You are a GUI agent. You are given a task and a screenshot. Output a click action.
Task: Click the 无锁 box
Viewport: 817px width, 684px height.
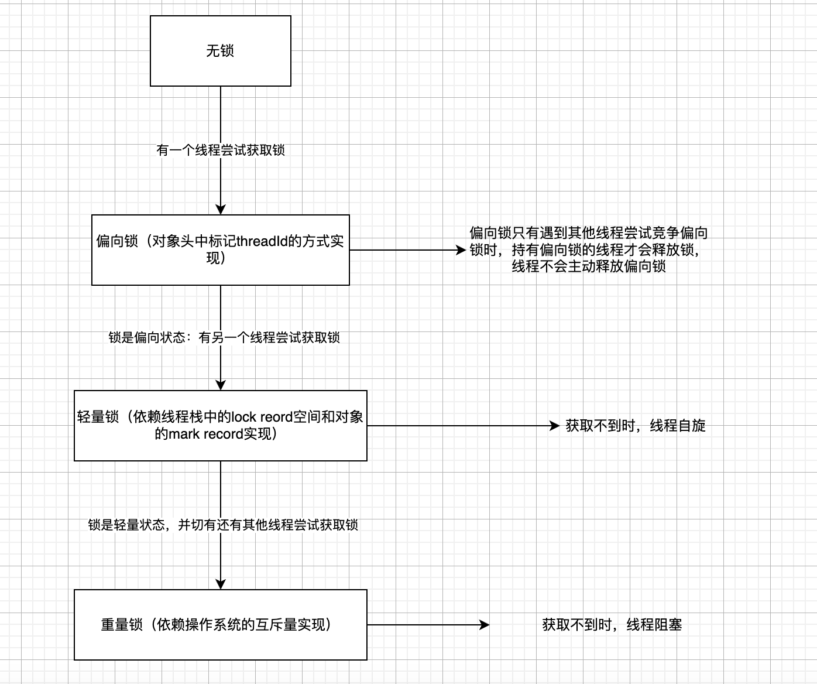(x=220, y=51)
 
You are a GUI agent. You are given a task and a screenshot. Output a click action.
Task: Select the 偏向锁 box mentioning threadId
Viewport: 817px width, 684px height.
(x=220, y=250)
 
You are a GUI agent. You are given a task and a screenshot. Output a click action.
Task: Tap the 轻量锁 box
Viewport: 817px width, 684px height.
(x=220, y=426)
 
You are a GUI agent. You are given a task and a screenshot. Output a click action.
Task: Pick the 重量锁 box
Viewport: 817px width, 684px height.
(x=220, y=625)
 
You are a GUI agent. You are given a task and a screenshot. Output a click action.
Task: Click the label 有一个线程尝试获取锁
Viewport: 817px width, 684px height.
(x=221, y=151)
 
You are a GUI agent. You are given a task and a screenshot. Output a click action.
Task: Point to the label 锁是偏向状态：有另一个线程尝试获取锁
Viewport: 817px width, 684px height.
(x=224, y=338)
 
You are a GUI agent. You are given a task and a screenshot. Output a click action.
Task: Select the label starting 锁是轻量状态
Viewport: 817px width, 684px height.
(x=223, y=525)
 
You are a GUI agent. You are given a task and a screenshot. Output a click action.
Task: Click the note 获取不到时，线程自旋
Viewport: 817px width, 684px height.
(x=636, y=426)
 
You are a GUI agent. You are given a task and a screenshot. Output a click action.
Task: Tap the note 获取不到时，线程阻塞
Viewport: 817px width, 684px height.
(x=612, y=625)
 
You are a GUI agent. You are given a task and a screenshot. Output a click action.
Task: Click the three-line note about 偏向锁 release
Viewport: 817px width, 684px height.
(x=589, y=250)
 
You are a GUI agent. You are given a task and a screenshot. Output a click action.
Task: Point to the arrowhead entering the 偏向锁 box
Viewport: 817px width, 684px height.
(x=221, y=210)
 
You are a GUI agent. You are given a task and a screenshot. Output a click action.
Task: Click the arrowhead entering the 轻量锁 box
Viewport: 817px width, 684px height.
(x=221, y=385)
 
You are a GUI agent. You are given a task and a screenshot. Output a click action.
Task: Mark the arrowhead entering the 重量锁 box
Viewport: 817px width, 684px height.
(x=221, y=584)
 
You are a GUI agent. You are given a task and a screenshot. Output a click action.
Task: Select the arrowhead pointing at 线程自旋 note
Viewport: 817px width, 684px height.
(x=555, y=426)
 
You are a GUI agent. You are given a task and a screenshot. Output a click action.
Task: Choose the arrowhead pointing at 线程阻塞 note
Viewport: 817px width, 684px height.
(x=485, y=625)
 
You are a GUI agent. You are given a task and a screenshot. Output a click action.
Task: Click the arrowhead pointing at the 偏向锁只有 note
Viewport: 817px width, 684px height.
(x=461, y=250)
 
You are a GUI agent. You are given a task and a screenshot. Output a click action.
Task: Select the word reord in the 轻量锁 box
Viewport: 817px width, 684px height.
(x=276, y=417)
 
